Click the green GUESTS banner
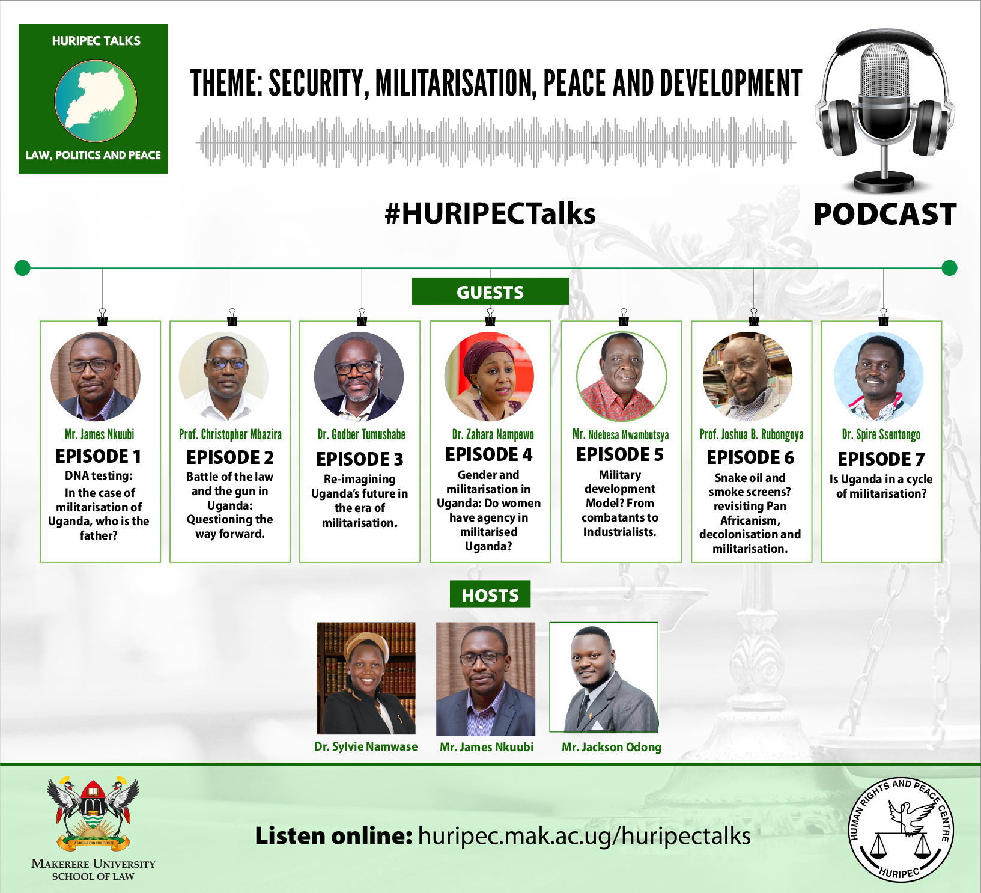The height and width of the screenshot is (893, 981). click(x=490, y=291)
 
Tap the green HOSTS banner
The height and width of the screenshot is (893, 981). click(x=490, y=594)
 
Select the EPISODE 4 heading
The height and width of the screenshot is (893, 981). click(x=489, y=454)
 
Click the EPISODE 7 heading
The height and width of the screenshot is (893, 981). click(x=881, y=459)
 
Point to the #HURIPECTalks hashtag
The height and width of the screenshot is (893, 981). click(x=490, y=213)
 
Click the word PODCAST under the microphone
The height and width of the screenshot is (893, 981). click(x=884, y=214)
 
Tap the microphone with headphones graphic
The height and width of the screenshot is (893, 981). click(x=884, y=111)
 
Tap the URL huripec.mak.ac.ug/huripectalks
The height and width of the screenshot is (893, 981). click(x=584, y=836)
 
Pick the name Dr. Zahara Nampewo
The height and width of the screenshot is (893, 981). click(x=493, y=434)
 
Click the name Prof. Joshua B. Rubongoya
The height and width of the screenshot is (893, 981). click(x=751, y=434)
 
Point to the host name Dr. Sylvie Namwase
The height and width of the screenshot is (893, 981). click(x=366, y=746)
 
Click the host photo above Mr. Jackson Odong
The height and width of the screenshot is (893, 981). click(x=604, y=677)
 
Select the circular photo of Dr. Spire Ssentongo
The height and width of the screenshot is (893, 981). click(x=878, y=377)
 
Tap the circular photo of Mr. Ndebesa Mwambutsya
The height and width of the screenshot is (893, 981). click(x=621, y=377)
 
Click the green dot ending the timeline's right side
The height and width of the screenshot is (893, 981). click(x=949, y=267)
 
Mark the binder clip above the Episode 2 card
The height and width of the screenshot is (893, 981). click(x=232, y=317)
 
